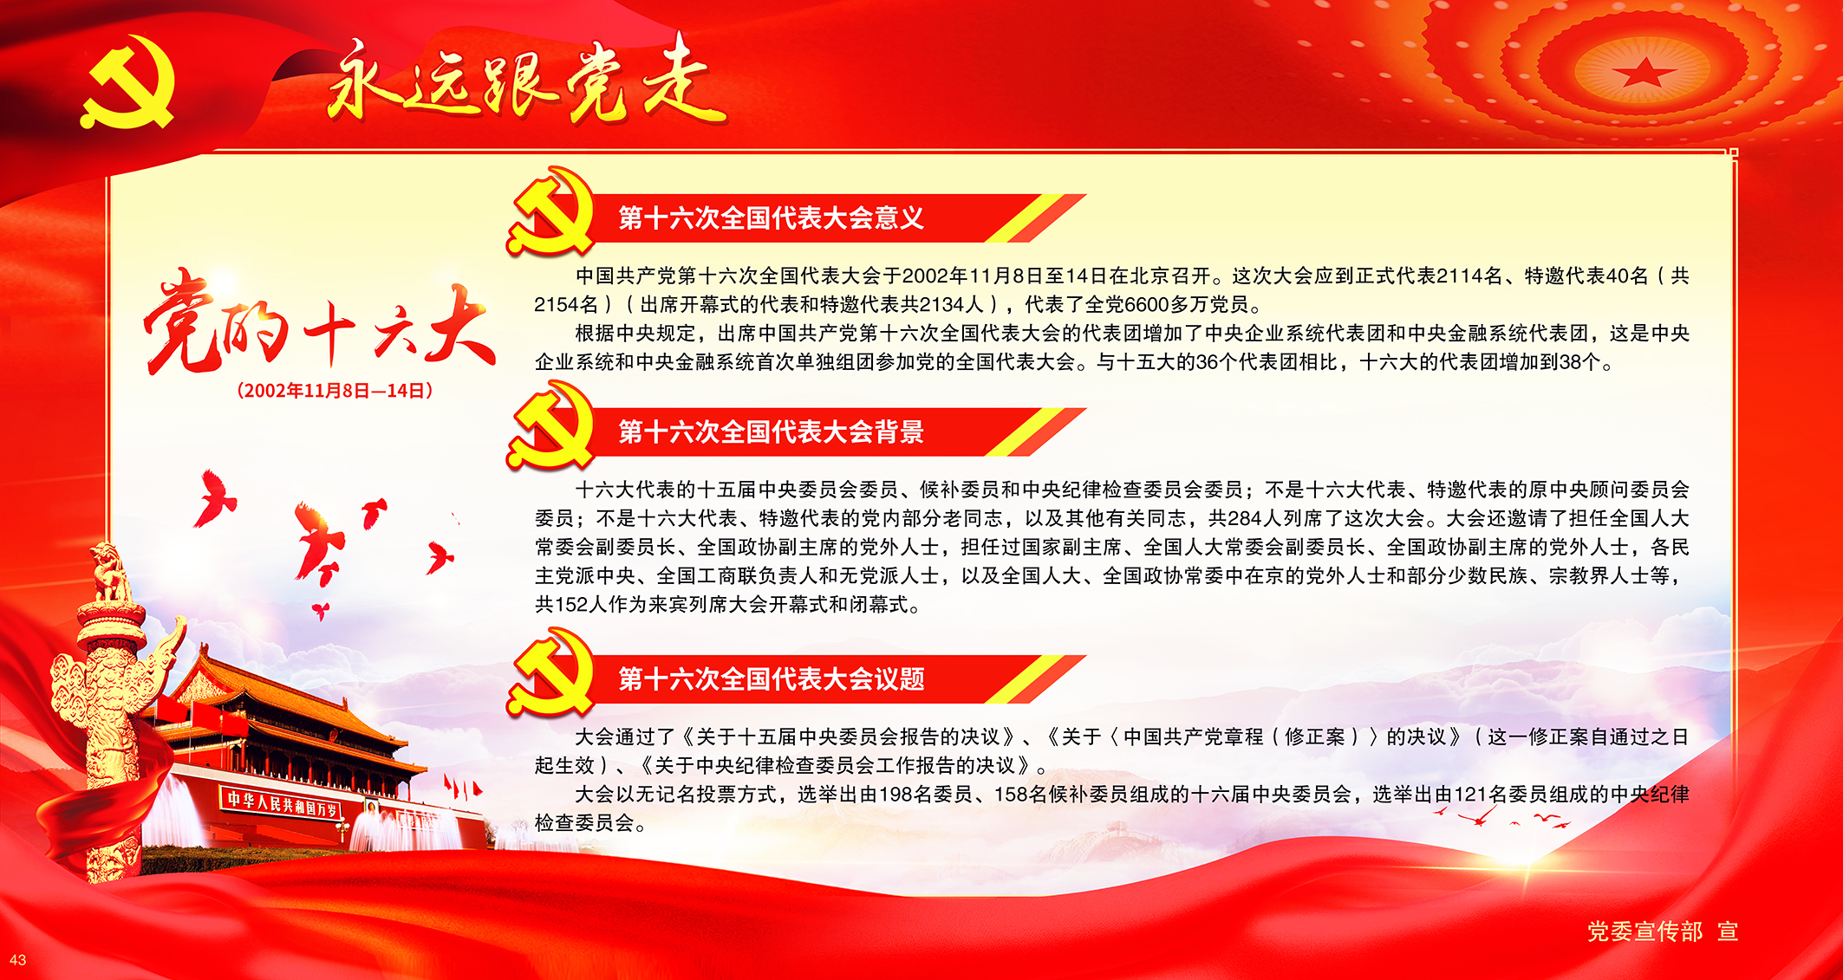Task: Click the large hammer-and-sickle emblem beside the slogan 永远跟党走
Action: point(128,82)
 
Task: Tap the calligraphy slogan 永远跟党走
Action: point(525,82)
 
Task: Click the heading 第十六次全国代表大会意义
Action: point(771,218)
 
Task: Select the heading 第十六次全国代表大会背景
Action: point(771,432)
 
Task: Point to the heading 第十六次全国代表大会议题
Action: point(771,679)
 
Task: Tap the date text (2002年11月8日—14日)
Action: point(335,391)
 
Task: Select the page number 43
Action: point(17,960)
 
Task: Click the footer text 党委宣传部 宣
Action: point(1663,931)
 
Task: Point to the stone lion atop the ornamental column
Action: point(110,572)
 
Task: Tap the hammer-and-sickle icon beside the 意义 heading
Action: point(550,212)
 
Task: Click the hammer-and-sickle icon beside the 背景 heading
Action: point(550,425)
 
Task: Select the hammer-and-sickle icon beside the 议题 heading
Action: point(550,673)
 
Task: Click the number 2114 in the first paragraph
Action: point(1459,276)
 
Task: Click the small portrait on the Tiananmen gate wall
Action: point(372,808)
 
